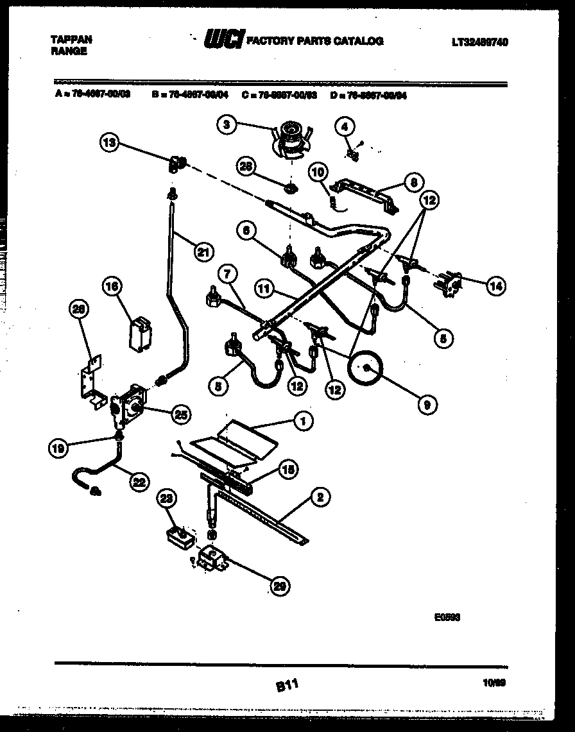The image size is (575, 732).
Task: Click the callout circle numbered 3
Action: pyautogui.click(x=226, y=126)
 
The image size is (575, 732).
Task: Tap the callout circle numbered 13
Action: pyautogui.click(x=110, y=143)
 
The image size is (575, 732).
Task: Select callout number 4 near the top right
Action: pyautogui.click(x=345, y=127)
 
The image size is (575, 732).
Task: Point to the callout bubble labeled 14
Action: pyautogui.click(x=495, y=287)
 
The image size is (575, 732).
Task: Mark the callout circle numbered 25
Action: pyautogui.click(x=181, y=414)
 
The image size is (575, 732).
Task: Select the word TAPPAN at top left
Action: pyautogui.click(x=71, y=40)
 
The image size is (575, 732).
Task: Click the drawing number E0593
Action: pyautogui.click(x=447, y=618)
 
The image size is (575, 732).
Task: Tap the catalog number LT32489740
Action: pyautogui.click(x=479, y=42)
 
